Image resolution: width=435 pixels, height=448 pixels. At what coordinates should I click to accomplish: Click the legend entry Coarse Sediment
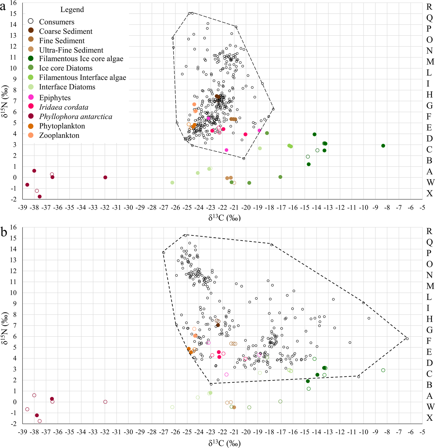66,31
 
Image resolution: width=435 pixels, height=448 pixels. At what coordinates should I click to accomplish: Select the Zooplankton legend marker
31,135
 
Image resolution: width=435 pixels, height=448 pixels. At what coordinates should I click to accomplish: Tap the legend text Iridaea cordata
64,107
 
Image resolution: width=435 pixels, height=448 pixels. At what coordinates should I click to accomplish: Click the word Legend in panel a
72,10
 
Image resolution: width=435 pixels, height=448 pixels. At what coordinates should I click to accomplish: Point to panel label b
3,232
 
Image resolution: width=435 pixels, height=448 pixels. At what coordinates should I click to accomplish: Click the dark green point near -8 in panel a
383,146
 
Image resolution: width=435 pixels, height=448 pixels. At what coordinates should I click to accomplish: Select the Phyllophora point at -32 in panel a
105,177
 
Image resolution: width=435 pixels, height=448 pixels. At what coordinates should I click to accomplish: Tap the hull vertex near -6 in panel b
407,339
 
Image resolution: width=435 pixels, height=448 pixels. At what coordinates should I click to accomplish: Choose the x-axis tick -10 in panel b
363,432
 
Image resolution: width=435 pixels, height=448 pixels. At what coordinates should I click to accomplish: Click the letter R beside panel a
429,7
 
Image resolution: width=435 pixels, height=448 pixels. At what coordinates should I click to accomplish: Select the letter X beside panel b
429,418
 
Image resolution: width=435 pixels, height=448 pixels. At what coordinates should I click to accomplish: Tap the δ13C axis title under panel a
224,218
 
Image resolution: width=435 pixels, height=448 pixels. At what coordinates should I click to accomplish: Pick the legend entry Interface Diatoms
67,87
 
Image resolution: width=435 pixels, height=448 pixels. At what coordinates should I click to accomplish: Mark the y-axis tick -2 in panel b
13,424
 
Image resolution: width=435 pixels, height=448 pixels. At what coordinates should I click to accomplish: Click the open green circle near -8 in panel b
383,370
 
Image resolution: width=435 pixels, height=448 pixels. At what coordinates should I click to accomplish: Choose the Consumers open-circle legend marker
31,22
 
